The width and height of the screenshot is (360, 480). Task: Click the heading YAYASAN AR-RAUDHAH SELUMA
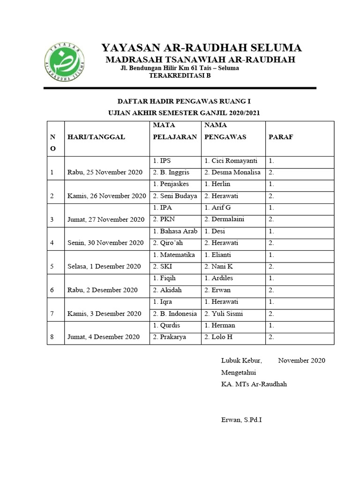(x=202, y=48)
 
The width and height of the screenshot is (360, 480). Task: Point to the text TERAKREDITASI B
(x=180, y=76)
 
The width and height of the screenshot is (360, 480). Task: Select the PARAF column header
(x=281, y=137)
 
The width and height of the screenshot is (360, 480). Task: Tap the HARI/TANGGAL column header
(x=96, y=137)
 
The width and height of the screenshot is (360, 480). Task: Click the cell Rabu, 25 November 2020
(x=105, y=172)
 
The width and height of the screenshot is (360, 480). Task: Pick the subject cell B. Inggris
(x=172, y=172)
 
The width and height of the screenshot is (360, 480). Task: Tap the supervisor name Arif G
(x=218, y=208)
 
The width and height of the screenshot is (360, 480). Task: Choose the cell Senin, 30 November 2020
(x=105, y=243)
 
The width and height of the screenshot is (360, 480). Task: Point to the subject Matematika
(x=174, y=255)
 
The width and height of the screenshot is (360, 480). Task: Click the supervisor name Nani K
(x=219, y=267)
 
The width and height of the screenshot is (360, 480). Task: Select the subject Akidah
(x=167, y=290)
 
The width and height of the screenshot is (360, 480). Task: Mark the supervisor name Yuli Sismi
(x=224, y=314)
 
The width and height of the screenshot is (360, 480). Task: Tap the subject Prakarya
(x=170, y=337)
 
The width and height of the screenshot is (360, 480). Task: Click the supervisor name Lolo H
(x=218, y=337)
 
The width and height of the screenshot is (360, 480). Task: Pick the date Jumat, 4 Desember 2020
(x=104, y=337)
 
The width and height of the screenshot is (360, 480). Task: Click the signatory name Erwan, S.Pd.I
(x=241, y=420)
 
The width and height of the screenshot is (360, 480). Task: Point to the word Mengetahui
(x=239, y=372)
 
